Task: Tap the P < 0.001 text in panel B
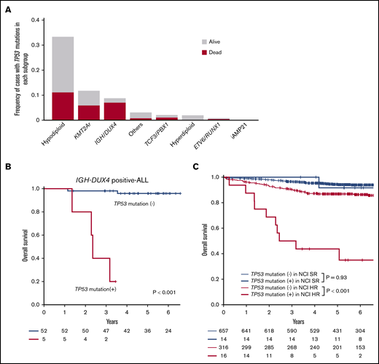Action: point(163,290)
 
